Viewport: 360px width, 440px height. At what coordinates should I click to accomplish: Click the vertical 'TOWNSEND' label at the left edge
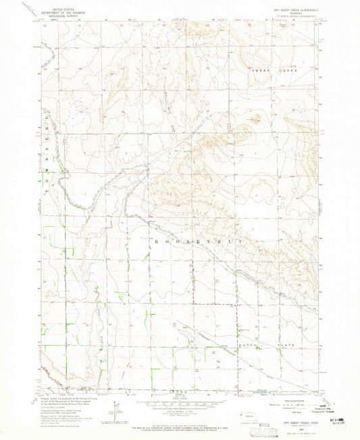pyautogui.click(x=48, y=145)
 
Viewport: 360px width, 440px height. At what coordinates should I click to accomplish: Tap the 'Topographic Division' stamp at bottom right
pyautogui.click(x=328, y=408)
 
